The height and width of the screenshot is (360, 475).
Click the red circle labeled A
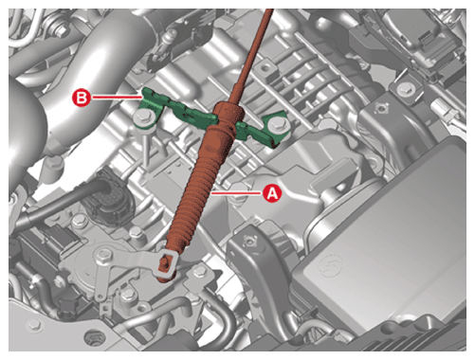[x=272, y=192]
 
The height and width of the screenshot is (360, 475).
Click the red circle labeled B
[x=82, y=98]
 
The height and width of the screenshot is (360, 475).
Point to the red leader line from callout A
[x=237, y=192]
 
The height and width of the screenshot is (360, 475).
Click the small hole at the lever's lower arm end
[x=100, y=297]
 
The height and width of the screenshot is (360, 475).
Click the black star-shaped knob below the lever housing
[x=67, y=305]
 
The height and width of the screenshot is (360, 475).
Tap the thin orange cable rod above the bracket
[x=252, y=55]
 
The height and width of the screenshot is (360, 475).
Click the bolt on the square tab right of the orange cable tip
[x=198, y=272]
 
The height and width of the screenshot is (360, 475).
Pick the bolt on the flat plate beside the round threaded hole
[x=34, y=325]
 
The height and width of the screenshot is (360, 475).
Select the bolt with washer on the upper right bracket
[x=404, y=89]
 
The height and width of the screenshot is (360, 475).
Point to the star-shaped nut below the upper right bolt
[x=379, y=109]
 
